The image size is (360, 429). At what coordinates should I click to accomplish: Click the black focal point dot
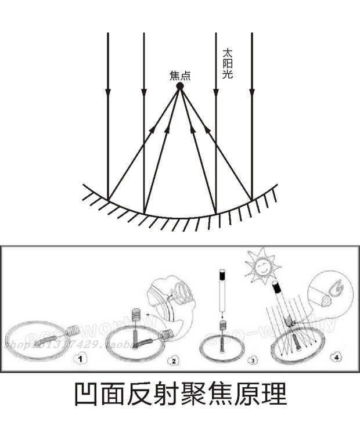[180, 86]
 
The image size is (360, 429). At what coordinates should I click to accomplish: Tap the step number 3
[251, 360]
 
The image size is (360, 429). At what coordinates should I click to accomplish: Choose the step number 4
[332, 356]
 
